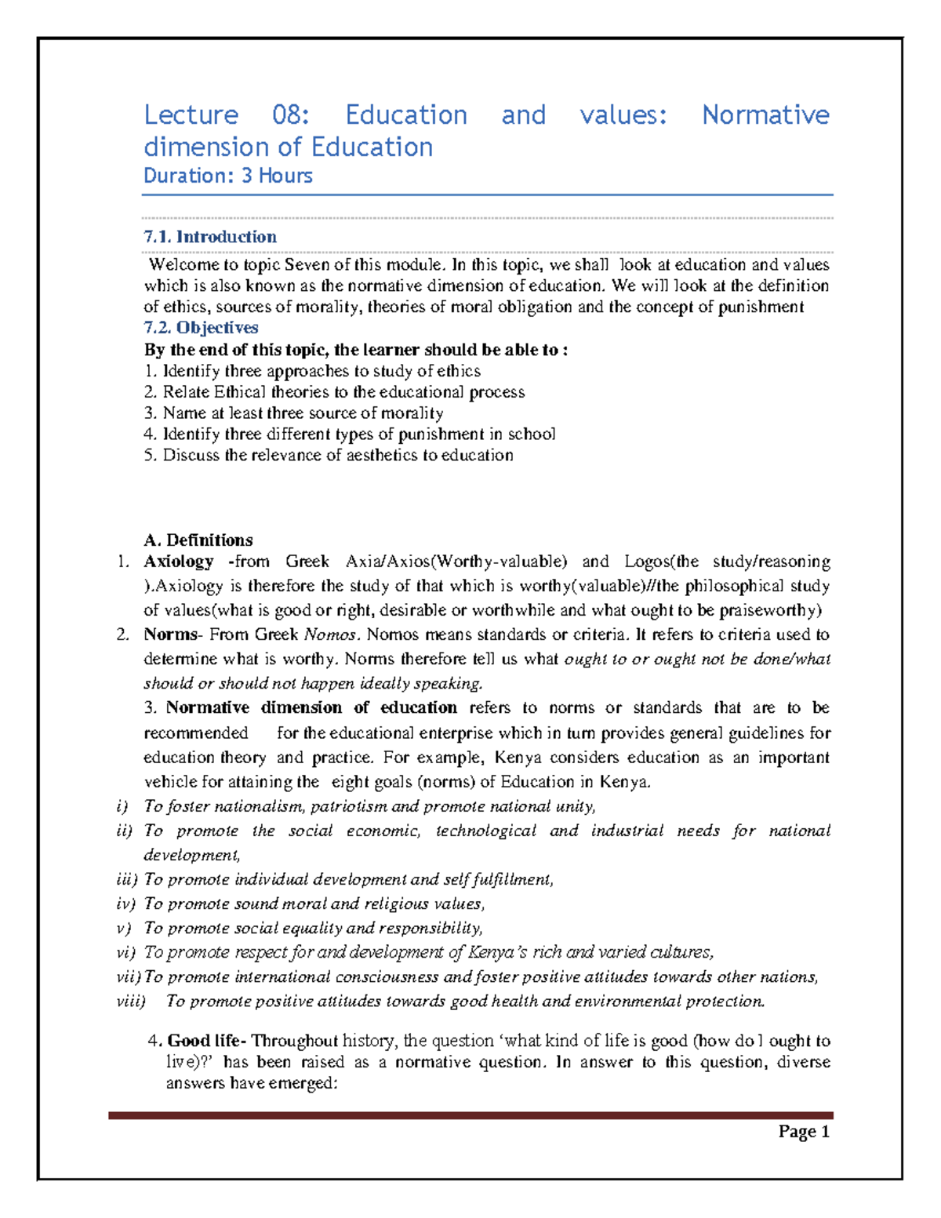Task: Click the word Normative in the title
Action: [x=765, y=115]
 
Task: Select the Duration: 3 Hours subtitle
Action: [x=227, y=176]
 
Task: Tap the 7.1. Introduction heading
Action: [x=210, y=237]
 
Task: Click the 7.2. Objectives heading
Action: [x=201, y=328]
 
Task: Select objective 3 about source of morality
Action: [x=294, y=413]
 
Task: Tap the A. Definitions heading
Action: [x=198, y=540]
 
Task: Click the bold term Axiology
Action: [x=178, y=562]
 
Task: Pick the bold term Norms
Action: [x=171, y=634]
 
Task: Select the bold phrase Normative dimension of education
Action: [x=311, y=708]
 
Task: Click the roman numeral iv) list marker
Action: [x=125, y=904]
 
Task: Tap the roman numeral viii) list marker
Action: [x=131, y=1002]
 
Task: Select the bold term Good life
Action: [x=206, y=1042]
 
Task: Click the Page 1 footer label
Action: [x=804, y=1132]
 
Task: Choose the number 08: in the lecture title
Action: [x=291, y=115]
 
